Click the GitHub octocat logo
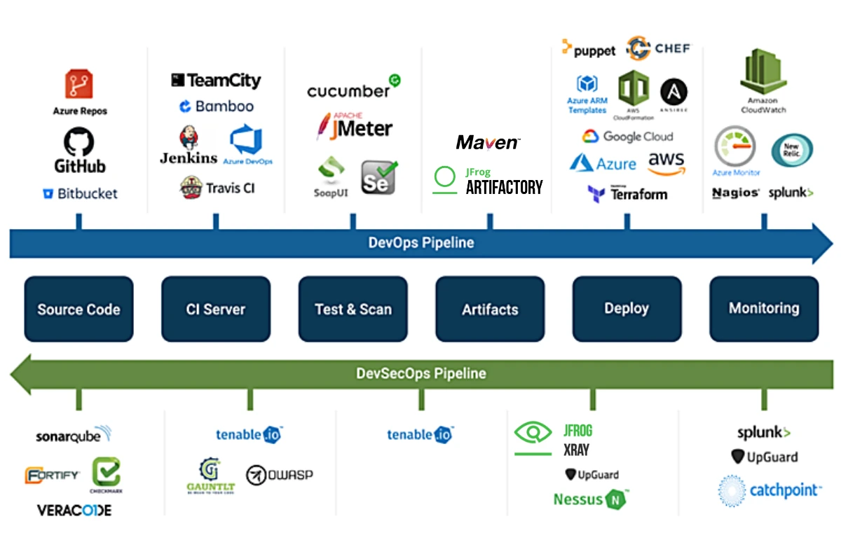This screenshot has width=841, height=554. click(x=79, y=142)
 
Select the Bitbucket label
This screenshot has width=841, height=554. click(x=80, y=194)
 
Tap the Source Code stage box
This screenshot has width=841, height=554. click(x=78, y=309)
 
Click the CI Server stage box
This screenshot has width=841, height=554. click(x=216, y=309)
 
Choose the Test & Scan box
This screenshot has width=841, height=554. click(x=353, y=309)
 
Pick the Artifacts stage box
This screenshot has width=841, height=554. click(x=490, y=309)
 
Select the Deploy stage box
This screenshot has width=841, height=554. click(x=627, y=308)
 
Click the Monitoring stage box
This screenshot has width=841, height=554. click(x=764, y=308)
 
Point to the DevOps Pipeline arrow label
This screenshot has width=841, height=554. click(x=421, y=243)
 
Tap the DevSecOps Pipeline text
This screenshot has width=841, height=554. click(x=421, y=373)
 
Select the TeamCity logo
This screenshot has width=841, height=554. click(x=216, y=81)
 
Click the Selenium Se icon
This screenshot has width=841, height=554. click(x=378, y=177)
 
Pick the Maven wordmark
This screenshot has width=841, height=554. click(x=488, y=143)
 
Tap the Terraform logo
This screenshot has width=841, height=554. click(x=628, y=194)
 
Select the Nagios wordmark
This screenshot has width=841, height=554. click(x=736, y=193)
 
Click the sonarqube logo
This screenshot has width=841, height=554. click(x=74, y=436)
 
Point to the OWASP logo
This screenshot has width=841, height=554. click(x=280, y=475)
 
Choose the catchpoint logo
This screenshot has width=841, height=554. click(x=769, y=490)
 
